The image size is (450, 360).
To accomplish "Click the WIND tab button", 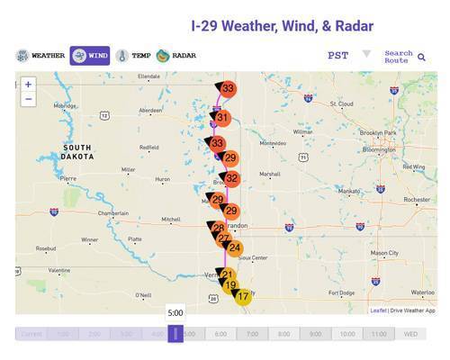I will [90, 56].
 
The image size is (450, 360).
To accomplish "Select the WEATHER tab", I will [40, 56].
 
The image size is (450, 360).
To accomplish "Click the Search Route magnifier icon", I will [421, 58].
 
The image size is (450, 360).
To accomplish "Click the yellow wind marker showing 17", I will [242, 295].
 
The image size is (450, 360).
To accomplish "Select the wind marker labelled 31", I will [222, 118].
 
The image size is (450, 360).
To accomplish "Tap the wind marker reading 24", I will [234, 247].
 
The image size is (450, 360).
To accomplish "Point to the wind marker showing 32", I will [231, 178].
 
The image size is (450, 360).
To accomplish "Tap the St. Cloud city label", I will [341, 103].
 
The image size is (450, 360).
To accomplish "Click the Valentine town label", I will [60, 270].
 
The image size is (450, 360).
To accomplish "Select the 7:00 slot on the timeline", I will [252, 334].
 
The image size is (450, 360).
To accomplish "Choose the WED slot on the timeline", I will [410, 334].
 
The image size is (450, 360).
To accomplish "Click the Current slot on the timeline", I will [31, 334].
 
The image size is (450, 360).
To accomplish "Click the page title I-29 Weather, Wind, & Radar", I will [282, 26].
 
